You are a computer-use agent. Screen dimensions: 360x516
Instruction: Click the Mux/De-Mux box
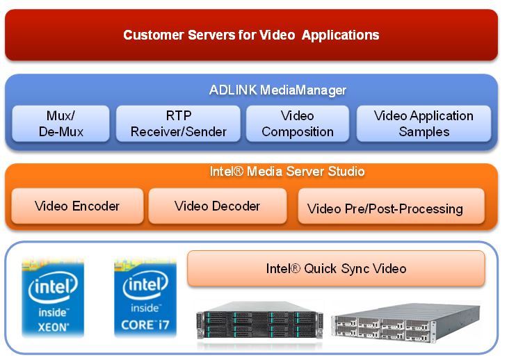[x=60, y=124]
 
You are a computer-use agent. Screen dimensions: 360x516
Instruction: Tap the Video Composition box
[x=297, y=124]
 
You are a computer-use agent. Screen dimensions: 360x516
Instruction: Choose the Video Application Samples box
[x=424, y=124]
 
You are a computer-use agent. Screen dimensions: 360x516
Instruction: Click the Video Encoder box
[x=77, y=206]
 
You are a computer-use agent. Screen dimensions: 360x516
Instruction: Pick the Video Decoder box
[x=217, y=206]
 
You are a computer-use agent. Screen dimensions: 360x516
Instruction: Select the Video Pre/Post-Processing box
[x=385, y=208]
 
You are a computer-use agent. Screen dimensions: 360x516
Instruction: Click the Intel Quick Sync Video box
[x=336, y=268]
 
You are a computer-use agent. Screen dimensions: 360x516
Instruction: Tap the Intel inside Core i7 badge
[x=145, y=297]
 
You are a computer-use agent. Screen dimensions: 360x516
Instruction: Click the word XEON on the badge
[x=52, y=325]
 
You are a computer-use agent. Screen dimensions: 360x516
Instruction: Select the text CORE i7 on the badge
[x=145, y=325]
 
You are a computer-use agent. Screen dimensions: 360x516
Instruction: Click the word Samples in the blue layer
[x=424, y=131]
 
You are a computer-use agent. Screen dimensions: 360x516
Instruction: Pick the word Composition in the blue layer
[x=297, y=131]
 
